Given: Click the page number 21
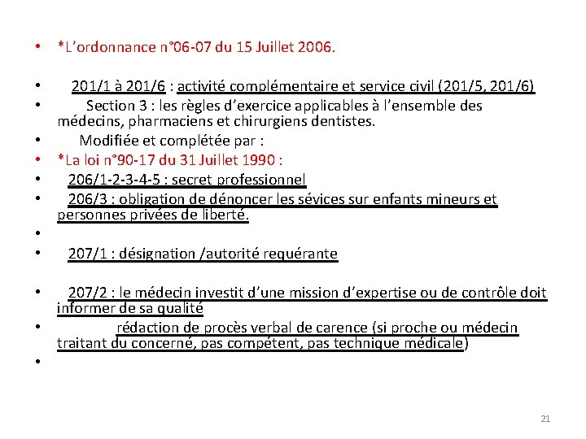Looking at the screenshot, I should click(x=545, y=419).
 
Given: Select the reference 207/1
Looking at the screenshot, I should click(x=85, y=254).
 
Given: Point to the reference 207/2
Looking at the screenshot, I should click(x=85, y=293).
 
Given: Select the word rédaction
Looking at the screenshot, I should click(x=146, y=328).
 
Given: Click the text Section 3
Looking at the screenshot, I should click(x=111, y=106).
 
